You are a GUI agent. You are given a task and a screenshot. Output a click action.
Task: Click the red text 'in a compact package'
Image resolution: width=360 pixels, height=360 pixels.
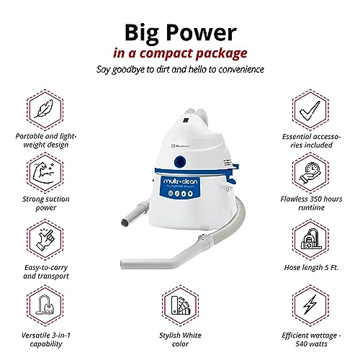coord(179,53)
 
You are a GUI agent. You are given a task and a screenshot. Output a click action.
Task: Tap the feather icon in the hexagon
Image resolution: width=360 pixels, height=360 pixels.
coord(42,107)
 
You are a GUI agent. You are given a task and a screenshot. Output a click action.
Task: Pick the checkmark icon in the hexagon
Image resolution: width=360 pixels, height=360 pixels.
coord(314,107)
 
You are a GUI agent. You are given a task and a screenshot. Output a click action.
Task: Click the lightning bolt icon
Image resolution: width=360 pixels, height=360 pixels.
coord(314,307)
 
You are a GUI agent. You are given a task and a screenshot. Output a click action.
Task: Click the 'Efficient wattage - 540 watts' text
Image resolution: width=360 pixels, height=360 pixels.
coord(314,341)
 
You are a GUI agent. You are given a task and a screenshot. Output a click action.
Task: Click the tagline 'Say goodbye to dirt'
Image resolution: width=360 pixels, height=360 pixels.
coord(179,71)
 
